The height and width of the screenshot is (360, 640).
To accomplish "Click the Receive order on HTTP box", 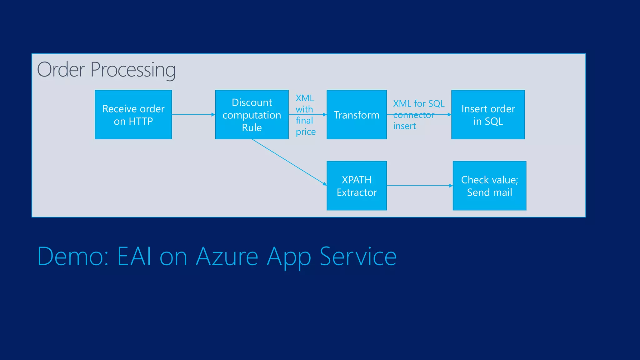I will coord(133,115).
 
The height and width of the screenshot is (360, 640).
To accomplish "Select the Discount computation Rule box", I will coord(252,115).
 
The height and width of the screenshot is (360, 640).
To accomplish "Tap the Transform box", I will coord(357,115).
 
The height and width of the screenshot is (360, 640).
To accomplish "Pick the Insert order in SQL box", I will coord(488,115).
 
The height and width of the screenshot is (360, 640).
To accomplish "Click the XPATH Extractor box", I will coord(357,186).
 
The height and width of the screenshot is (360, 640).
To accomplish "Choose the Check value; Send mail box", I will coord(489,186).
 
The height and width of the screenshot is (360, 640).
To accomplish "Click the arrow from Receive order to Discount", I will coord(193,115).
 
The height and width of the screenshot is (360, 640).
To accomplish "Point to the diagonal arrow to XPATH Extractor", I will coord(289,162).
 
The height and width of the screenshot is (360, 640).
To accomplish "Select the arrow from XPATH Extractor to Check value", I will coord(419,186).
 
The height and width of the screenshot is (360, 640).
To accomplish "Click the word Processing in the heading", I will coord(133,70).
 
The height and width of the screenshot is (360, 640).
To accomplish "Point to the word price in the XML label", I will coord(306,132).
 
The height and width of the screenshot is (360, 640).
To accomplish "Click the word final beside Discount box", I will coord(304,120).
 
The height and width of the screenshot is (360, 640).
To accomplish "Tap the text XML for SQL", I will coord(419,103).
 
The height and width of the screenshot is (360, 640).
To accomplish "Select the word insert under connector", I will coord(404,126).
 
